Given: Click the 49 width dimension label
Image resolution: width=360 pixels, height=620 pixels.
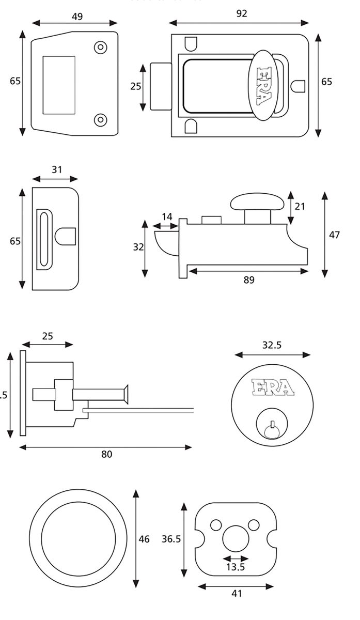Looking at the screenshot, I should click(x=76, y=17).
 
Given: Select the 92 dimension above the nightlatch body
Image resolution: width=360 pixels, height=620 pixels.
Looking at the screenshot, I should click(x=241, y=14).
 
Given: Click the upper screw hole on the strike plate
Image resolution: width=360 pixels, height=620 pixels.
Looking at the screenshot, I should click(x=100, y=47).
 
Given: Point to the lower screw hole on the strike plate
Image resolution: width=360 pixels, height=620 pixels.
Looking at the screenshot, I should click(x=100, y=120).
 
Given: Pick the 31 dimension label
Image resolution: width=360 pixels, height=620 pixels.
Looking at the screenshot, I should click(x=57, y=169).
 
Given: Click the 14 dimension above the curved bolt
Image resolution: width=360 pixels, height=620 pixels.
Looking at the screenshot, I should click(x=167, y=217).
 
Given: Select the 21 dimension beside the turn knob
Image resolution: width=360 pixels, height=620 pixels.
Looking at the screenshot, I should click(x=300, y=207).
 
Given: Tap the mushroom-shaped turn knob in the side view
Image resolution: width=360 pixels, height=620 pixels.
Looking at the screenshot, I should click(x=257, y=202).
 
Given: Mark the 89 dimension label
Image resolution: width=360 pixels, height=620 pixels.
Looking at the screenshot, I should click(x=249, y=280).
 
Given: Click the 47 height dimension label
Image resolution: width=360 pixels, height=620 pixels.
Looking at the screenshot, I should click(x=334, y=235).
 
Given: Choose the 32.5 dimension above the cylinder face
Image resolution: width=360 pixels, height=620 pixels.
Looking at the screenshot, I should click(x=272, y=345).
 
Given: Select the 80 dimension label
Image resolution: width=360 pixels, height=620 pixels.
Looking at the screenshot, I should click(x=106, y=455).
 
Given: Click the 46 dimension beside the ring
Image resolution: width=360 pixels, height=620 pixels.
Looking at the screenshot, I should click(x=144, y=539).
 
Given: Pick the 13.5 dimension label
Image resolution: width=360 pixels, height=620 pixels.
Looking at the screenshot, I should click(x=235, y=567).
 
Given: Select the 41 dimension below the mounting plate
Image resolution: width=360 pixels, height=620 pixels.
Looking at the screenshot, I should click(x=236, y=594).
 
